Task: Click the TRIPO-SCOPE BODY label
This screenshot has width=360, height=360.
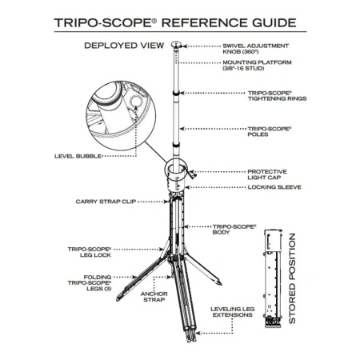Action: (233, 230)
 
